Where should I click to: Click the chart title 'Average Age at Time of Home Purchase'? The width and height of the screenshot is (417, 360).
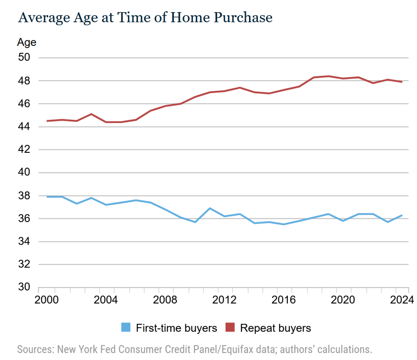(x=145, y=18)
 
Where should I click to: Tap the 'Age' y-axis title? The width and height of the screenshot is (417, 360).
(x=26, y=42)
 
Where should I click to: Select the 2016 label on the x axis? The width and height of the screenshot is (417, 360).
(x=283, y=301)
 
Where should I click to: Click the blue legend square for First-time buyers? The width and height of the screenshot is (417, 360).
(x=126, y=327)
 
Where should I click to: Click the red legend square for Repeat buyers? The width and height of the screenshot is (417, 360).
(x=231, y=327)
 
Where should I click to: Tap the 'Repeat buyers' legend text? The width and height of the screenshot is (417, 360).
(x=275, y=328)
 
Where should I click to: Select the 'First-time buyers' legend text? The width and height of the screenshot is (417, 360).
(x=176, y=328)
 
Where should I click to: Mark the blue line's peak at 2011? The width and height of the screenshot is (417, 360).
(x=210, y=208)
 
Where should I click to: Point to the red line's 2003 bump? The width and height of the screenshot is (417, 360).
(x=91, y=114)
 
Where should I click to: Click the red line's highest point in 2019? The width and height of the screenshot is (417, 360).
(x=328, y=76)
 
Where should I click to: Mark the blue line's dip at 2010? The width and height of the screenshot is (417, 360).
(x=195, y=222)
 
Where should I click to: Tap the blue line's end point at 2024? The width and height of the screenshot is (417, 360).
(x=402, y=215)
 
